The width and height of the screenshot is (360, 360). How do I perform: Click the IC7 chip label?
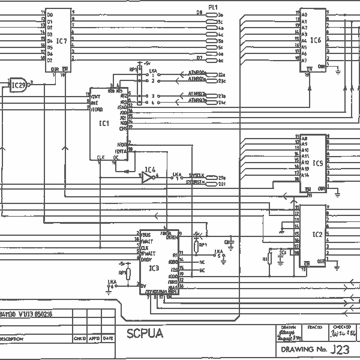pos(62,41)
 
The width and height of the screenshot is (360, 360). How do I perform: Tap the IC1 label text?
pos(104,124)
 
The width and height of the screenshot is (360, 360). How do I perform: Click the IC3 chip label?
pos(154,268)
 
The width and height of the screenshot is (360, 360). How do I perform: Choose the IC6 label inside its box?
pos(316,40)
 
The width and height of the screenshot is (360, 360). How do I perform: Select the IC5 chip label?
pos(317,163)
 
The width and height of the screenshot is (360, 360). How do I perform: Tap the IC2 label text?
pos(317,234)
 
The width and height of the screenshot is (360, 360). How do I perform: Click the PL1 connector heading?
pos(212,7)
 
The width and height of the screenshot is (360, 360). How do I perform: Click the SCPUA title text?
pos(144,333)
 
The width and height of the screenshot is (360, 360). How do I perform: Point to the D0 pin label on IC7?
pos(50,14)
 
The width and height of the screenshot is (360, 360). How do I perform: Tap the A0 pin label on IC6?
pos(304,14)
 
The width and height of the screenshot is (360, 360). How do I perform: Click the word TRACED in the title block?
pos(314,328)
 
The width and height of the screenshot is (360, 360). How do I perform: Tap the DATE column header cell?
pos(107,338)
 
